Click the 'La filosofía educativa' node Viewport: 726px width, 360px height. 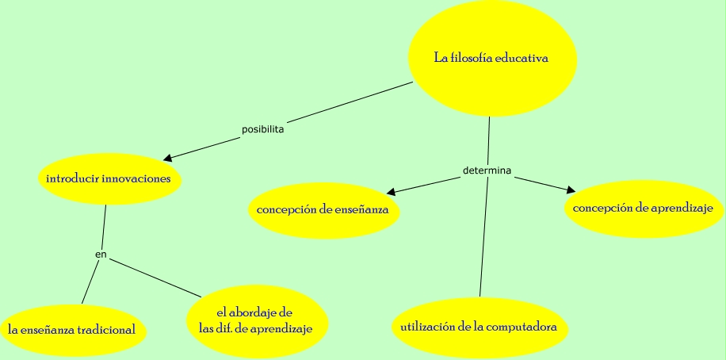pyautogui.click(x=491, y=58)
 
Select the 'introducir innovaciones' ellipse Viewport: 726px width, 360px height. pyautogui.click(x=109, y=179)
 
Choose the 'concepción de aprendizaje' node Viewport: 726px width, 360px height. pyautogui.click(x=643, y=209)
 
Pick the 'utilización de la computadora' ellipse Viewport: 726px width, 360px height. pyautogui.click(x=479, y=327)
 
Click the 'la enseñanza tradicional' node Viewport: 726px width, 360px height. pyautogui.click(x=71, y=329)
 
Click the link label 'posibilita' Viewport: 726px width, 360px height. pyautogui.click(x=262, y=128)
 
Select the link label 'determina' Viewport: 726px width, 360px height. pyautogui.click(x=486, y=171)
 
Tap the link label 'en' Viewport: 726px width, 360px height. pyautogui.click(x=101, y=255)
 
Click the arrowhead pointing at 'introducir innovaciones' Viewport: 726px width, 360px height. pyautogui.click(x=167, y=157)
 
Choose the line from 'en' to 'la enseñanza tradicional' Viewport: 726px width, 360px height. pyautogui.click(x=90, y=281)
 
